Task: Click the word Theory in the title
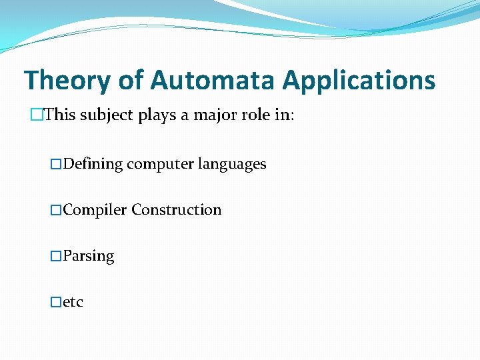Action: (x=67, y=81)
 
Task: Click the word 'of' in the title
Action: (x=131, y=81)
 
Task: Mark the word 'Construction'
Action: (x=177, y=210)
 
